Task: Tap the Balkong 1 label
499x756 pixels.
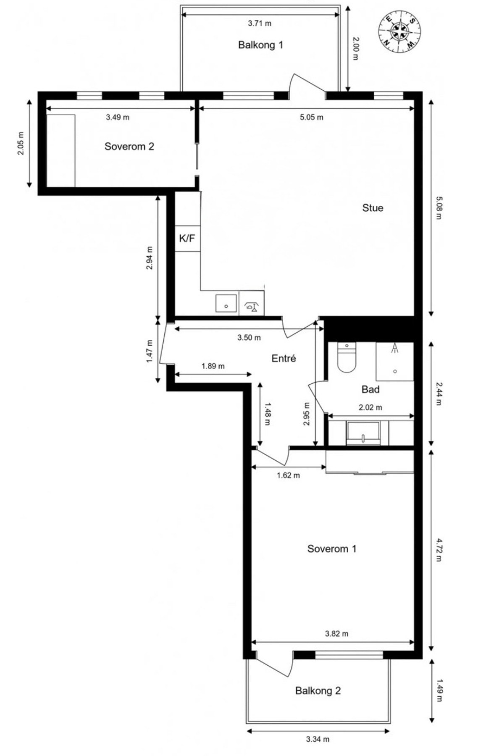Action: [260, 45]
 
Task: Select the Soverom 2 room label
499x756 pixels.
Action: [129, 146]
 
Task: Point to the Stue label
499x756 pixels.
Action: [373, 208]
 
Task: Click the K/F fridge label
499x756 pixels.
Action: [187, 239]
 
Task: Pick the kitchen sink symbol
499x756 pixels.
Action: [226, 303]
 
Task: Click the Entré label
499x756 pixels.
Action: [284, 358]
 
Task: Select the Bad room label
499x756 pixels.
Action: [370, 389]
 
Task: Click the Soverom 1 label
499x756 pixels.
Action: [332, 549]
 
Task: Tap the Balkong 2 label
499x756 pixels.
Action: [318, 690]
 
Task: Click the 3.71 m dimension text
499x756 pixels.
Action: [260, 24]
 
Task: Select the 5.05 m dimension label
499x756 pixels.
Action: [312, 117]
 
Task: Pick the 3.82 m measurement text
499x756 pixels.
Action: [337, 634]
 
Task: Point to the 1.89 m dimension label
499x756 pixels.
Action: [213, 366]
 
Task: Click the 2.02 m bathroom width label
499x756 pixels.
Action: [370, 407]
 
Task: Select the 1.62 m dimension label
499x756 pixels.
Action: [288, 475]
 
